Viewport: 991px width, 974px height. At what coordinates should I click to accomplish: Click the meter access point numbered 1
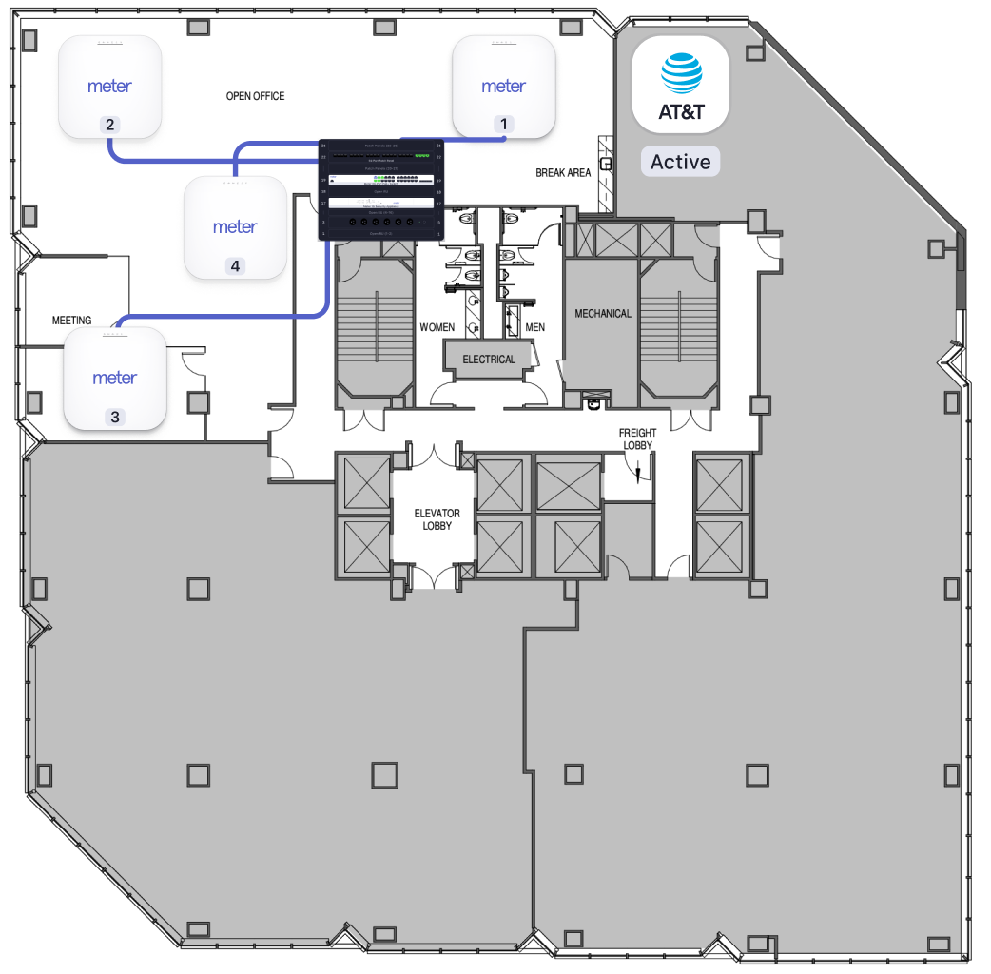coord(503,87)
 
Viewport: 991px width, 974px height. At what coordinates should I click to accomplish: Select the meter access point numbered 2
coord(109,87)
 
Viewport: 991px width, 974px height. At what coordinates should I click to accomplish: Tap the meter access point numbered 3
coord(115,379)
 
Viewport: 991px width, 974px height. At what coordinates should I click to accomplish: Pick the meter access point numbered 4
coord(235,227)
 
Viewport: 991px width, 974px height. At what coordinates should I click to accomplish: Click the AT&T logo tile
coord(681,84)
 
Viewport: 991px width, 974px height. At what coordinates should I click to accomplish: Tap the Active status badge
coord(680,162)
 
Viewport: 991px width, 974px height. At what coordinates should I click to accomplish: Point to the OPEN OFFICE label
coord(255,96)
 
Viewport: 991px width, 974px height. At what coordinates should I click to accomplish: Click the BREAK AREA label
coord(563,173)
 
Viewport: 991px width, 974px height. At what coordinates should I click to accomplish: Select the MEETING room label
coord(71,321)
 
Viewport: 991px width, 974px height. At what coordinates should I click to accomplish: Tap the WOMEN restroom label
coord(437,327)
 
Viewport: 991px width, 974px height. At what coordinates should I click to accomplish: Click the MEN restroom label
coord(535,327)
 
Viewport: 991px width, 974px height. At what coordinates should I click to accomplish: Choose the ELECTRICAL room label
coord(488,360)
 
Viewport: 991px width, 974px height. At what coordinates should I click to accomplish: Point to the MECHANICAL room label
coord(602,313)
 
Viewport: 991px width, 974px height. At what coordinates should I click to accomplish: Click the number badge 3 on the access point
coord(115,416)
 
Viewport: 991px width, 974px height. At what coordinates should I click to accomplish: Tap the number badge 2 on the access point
coord(109,125)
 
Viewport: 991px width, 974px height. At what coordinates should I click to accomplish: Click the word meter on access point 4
coord(235,227)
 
